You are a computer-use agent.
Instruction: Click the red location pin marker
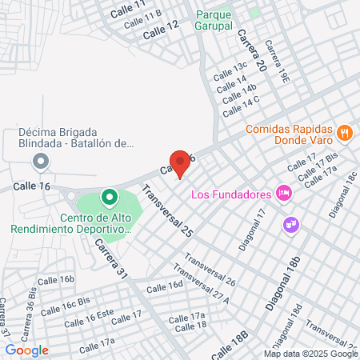pos(180,163)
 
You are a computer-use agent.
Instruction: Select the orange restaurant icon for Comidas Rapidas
pos(344,133)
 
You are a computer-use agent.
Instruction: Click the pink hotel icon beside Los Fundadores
pos(282,193)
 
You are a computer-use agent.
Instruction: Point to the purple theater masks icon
pos(290,225)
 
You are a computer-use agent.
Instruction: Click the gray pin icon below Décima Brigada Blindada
pos(40,163)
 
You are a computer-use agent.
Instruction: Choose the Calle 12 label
pos(161,30)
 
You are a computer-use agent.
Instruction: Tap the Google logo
pos(27,350)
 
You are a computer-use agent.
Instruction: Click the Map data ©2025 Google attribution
pos(311,354)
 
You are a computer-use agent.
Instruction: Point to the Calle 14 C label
pos(242,101)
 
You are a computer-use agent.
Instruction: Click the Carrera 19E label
pos(278,62)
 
